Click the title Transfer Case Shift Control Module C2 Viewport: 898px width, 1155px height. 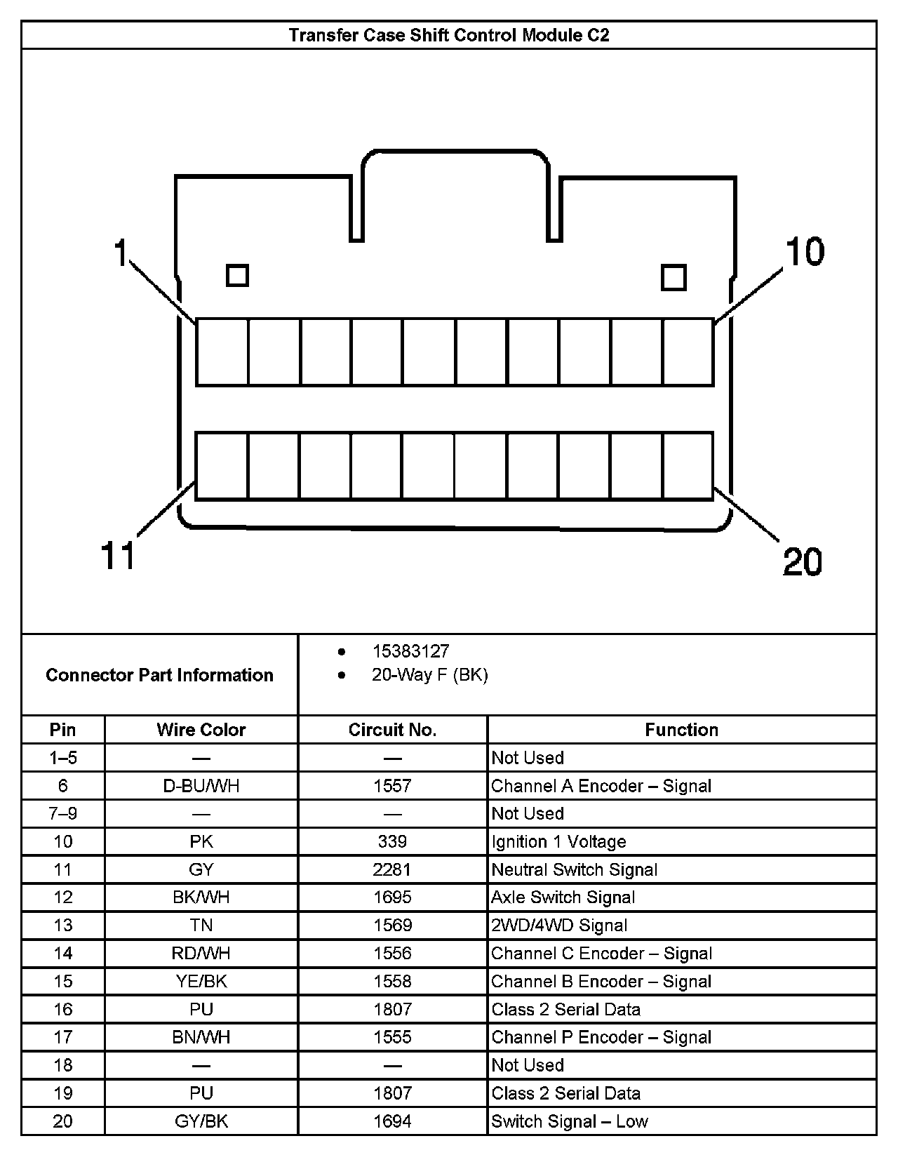449,35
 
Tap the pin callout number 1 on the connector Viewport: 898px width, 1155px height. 121,253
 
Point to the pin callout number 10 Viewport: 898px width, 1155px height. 805,252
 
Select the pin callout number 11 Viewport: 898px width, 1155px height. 118,556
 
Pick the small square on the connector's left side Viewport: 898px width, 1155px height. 237,275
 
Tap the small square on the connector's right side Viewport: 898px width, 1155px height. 673,277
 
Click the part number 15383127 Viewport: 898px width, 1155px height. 410,651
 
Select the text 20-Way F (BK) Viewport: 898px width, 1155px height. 429,675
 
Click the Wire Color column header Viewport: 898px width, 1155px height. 201,730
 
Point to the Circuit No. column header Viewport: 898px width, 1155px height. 392,730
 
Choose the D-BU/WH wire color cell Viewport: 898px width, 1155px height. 201,786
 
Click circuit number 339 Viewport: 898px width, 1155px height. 392,841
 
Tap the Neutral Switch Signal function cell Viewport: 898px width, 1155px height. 574,869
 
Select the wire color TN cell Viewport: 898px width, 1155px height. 201,926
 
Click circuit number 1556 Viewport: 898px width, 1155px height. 392,954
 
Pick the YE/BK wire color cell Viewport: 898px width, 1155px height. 201,981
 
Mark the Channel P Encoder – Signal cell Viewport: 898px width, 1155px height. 601,1037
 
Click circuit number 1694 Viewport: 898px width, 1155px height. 392,1121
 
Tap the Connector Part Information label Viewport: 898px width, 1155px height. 159,675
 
